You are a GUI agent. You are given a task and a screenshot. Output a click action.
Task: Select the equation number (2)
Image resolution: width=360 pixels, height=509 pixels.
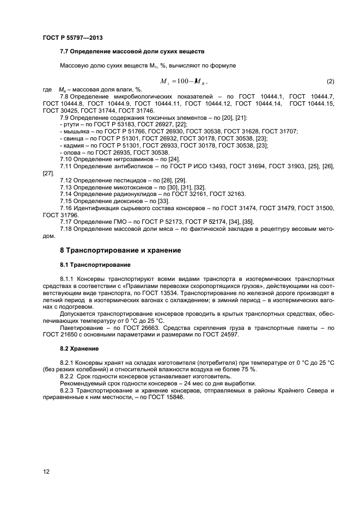330,82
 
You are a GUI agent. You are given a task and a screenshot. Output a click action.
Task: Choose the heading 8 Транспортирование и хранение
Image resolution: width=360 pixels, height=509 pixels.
120,250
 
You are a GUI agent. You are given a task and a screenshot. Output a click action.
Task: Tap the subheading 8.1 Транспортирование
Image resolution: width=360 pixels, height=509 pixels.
95,265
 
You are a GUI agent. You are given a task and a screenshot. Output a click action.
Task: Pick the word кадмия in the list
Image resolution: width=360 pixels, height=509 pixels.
72,145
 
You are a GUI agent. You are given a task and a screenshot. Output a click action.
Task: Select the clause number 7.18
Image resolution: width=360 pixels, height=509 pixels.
66,229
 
